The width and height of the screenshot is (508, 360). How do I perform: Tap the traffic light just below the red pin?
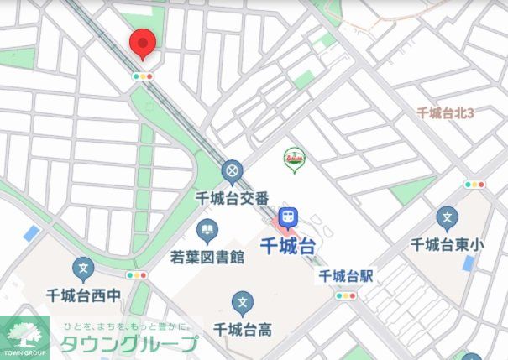coord(144,76)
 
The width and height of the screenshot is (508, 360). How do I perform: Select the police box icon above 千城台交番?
coord(232,173)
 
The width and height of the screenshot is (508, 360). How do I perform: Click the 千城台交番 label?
coord(232,198)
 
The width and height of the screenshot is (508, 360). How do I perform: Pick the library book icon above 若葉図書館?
coord(207,229)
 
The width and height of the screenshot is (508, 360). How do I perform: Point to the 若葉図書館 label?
coord(207,255)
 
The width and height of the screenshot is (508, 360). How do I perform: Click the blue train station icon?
coord(288,217)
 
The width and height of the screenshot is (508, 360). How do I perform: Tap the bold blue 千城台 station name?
coord(288,247)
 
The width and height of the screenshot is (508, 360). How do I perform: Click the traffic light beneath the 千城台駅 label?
coord(345,295)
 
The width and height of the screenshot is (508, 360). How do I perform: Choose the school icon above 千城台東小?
coord(447,219)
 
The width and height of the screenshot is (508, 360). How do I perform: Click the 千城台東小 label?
coord(448,245)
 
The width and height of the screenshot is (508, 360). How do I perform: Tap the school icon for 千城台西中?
coord(82,269)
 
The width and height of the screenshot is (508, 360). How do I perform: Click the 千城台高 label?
coord(243,328)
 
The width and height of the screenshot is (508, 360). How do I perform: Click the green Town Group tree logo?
coord(25,336)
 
